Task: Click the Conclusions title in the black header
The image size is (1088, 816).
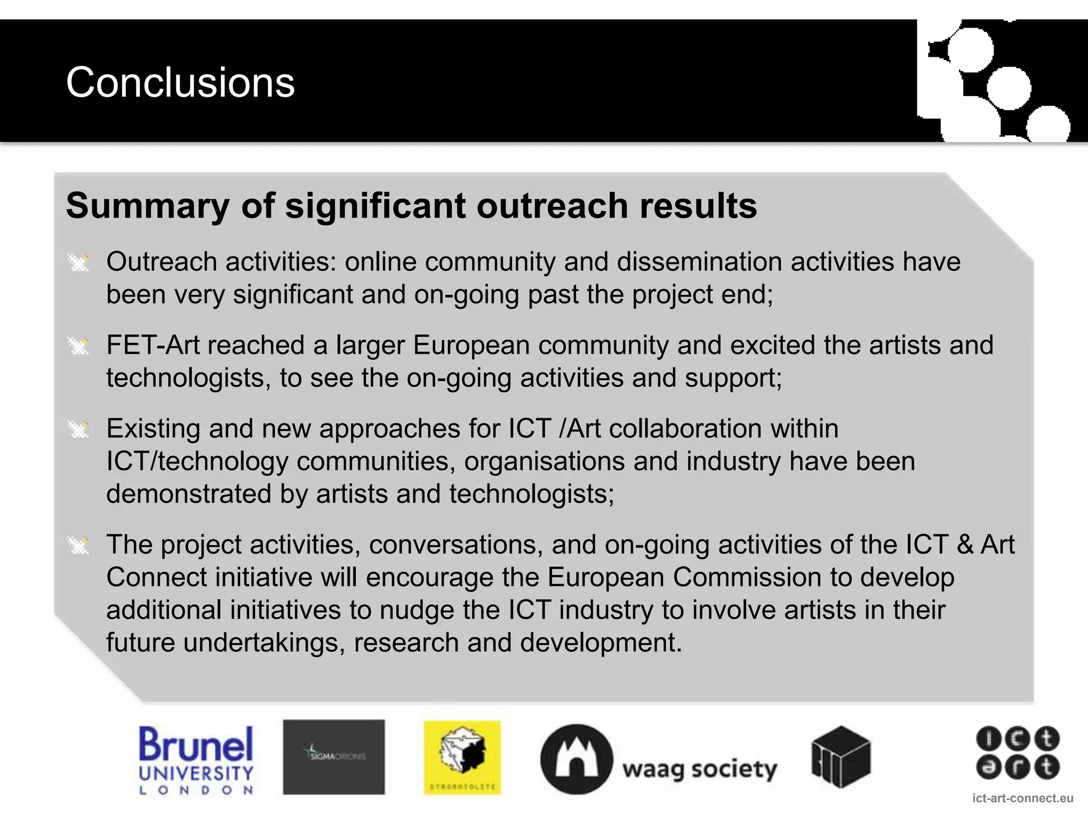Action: [180, 83]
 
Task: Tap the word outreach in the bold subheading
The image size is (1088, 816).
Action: [552, 206]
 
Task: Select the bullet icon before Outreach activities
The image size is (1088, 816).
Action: [79, 262]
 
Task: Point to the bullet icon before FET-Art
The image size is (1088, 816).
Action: [79, 346]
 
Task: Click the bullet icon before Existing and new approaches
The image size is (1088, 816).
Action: [79, 429]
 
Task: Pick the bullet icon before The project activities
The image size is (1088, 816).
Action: [79, 546]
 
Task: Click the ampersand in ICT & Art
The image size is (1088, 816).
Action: [965, 545]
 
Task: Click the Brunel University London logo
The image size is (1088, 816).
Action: [195, 760]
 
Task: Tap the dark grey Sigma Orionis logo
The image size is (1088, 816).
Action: [334, 756]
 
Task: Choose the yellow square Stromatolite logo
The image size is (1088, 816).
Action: [462, 757]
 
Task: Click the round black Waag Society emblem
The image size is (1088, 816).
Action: [576, 760]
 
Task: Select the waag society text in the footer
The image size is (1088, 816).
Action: [700, 769]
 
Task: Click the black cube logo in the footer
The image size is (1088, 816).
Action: [841, 756]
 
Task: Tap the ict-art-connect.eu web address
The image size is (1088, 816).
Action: [1023, 798]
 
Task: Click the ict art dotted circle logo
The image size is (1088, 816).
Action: [1017, 753]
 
